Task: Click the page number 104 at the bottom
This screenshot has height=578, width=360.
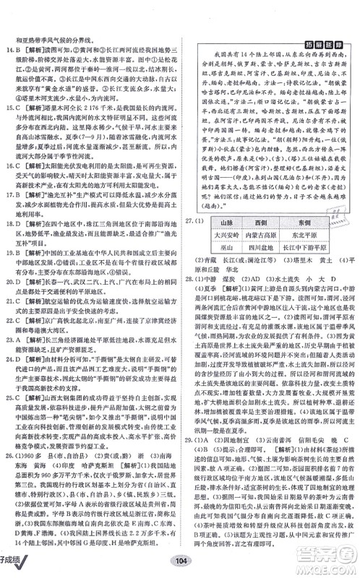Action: point(180,563)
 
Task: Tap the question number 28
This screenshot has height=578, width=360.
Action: point(190,296)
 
